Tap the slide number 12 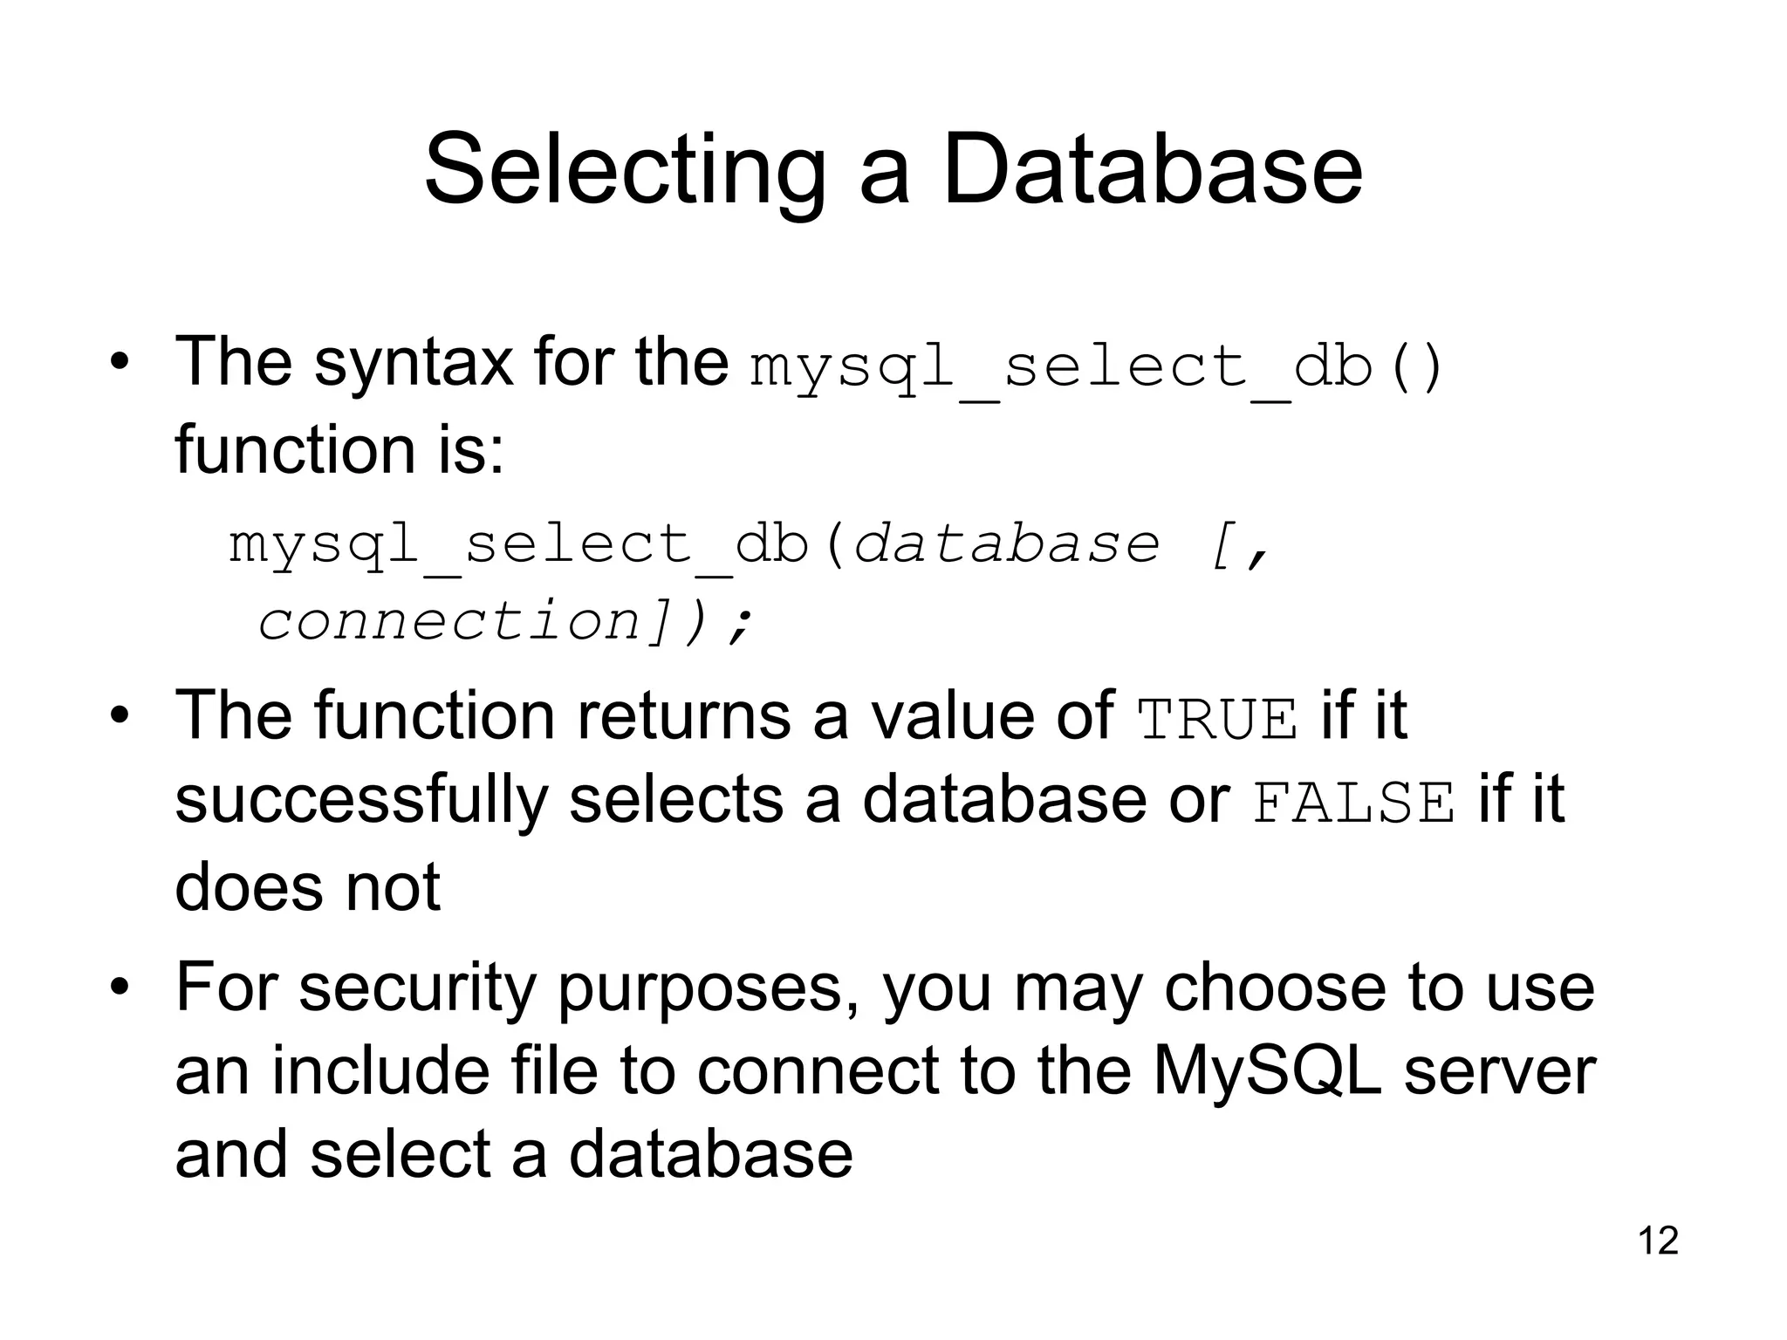(1658, 1241)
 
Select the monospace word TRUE (1218, 719)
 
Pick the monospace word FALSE (1354, 803)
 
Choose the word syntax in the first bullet (413, 365)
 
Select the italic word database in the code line (1007, 544)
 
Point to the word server (1500, 1073)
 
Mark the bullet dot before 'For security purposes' (120, 988)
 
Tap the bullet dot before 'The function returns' (120, 715)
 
